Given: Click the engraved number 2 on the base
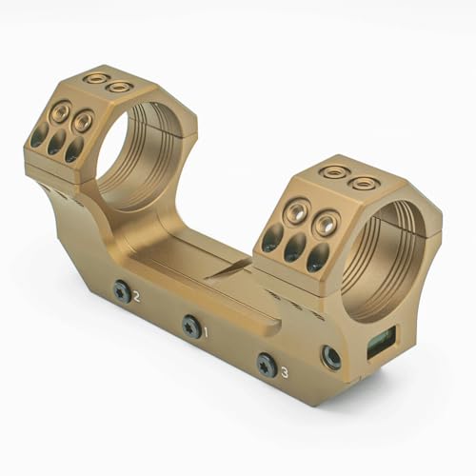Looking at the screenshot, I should (x=137, y=297).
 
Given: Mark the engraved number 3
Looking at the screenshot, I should (x=285, y=370).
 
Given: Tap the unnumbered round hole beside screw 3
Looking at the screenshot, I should (x=331, y=357).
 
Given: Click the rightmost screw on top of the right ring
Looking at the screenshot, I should (x=361, y=182).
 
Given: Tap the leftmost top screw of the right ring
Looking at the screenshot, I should (x=334, y=172).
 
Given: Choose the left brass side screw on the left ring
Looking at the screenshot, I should (x=60, y=115).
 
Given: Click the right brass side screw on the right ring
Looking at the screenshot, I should (x=326, y=225).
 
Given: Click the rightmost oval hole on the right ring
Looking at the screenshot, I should (x=319, y=255).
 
